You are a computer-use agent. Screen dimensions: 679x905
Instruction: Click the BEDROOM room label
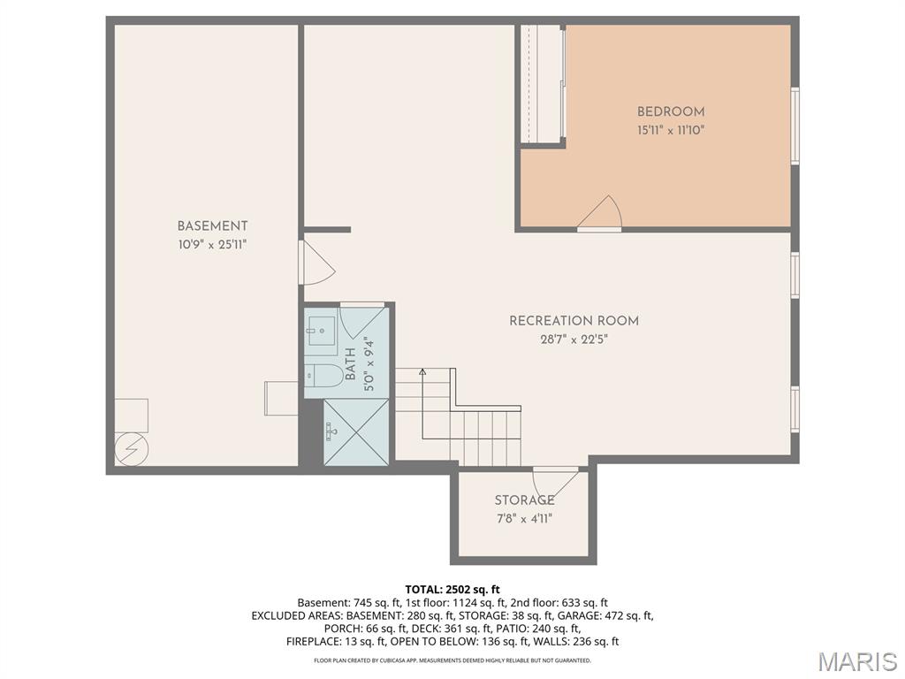(671, 112)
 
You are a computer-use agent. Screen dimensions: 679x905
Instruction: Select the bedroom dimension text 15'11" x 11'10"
(671, 130)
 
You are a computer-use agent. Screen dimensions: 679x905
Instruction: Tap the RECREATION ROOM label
(574, 321)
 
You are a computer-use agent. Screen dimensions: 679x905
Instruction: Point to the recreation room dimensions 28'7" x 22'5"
(574, 339)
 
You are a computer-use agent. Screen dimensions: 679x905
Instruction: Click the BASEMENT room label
(212, 226)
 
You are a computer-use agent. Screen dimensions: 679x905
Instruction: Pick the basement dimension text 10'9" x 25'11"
(212, 244)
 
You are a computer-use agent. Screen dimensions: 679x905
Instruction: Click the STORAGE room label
(524, 500)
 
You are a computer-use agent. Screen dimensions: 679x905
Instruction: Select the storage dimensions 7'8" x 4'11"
(524, 518)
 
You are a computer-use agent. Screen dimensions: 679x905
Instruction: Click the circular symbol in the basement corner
(130, 449)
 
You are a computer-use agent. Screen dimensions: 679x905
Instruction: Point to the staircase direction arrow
(422, 373)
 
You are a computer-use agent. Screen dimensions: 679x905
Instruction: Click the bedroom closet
(541, 83)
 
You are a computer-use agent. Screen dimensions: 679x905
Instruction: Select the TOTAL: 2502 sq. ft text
(452, 589)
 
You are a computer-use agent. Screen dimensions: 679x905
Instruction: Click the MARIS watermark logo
(857, 660)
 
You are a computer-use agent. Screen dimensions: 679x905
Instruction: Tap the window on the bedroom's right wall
(795, 126)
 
